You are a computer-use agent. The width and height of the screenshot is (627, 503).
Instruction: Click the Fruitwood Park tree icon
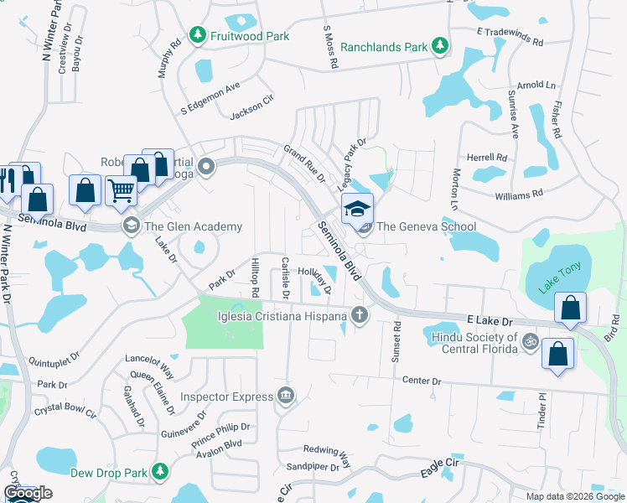click(198, 36)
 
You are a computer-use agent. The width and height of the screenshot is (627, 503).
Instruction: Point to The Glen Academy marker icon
click(131, 226)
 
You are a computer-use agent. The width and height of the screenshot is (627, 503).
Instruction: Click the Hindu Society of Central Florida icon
click(529, 341)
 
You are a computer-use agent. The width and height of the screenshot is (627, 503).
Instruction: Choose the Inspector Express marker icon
click(286, 396)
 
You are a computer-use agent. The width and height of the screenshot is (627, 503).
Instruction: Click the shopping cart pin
click(122, 191)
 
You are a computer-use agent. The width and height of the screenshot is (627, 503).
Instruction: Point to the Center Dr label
click(422, 381)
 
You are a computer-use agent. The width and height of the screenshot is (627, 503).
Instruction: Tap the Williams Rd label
click(519, 194)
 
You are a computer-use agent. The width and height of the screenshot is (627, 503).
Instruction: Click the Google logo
click(27, 493)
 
